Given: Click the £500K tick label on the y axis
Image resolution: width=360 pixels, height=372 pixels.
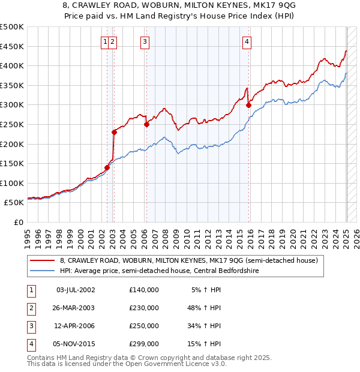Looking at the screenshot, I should click(x=11, y=27).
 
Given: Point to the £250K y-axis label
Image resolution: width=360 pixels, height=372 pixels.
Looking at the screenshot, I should click(x=11, y=124).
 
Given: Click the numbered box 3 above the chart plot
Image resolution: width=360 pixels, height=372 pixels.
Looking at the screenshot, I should click(x=145, y=41).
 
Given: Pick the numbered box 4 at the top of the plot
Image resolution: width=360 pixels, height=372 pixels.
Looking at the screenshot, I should click(x=247, y=41).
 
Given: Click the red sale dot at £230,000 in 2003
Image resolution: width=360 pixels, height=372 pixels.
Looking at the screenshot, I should click(x=114, y=132).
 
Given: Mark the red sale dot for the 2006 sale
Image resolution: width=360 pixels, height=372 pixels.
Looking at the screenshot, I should click(x=146, y=125).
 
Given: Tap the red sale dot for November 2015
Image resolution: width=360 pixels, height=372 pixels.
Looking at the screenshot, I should click(x=248, y=106).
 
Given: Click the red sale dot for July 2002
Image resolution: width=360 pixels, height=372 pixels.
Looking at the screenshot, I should click(x=107, y=167).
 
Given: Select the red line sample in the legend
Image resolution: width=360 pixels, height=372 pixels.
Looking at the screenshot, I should click(x=43, y=260).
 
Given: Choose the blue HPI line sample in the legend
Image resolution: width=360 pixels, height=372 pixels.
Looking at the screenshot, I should click(x=43, y=271).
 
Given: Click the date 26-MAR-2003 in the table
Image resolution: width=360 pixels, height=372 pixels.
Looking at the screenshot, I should click(x=75, y=308).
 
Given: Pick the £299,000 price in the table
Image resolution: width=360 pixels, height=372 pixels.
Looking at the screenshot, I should click(x=144, y=344).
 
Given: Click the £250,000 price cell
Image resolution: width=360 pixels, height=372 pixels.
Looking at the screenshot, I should click(x=144, y=326).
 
